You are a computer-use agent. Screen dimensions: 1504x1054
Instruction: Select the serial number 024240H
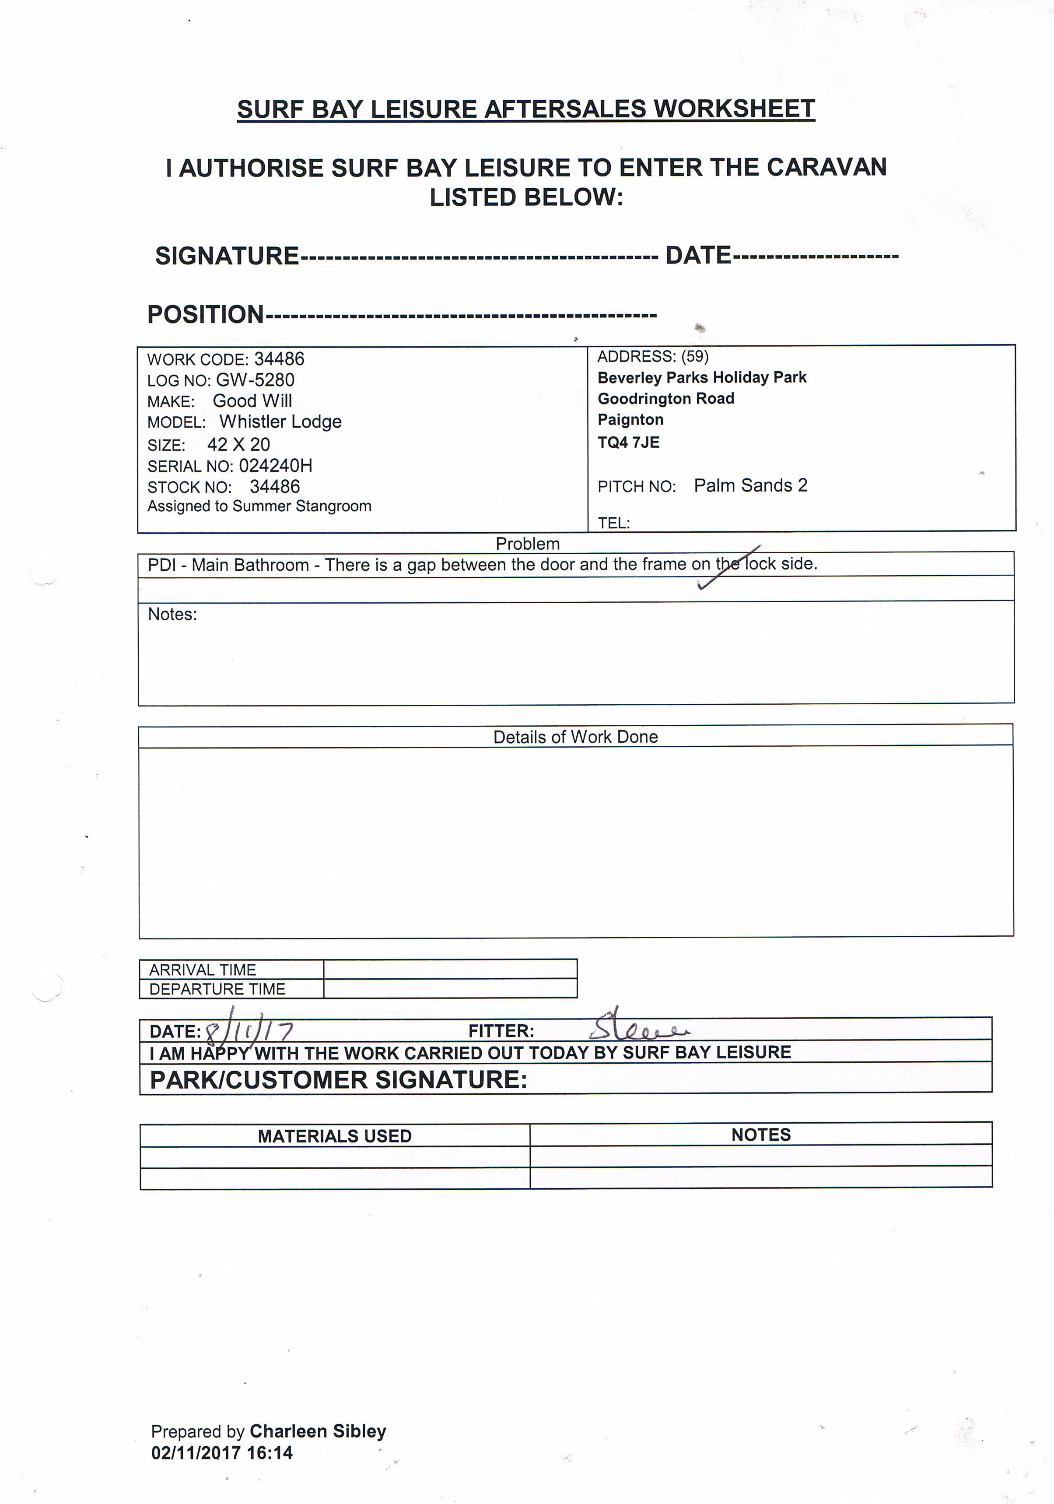[x=276, y=466]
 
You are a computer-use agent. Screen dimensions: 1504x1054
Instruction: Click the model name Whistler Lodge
[x=280, y=422]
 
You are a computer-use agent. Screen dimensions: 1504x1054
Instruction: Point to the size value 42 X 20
[x=238, y=444]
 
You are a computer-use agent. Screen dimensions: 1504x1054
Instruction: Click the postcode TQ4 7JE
[x=628, y=442]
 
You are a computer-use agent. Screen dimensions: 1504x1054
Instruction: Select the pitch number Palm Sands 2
[x=750, y=485]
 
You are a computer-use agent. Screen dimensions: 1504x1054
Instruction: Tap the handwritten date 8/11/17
[x=249, y=1032]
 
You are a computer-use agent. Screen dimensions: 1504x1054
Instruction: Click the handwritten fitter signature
[x=638, y=1029]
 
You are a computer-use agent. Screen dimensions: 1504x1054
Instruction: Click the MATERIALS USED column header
[x=335, y=1136]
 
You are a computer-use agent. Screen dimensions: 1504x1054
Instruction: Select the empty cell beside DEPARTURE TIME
[x=450, y=988]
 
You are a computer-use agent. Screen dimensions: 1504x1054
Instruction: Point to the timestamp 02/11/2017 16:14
[x=222, y=1453]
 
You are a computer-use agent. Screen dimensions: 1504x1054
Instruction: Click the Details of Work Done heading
[x=575, y=737]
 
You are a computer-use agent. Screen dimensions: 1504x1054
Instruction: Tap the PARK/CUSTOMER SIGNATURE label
[x=339, y=1079]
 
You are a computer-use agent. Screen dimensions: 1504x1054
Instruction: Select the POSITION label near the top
[x=205, y=314]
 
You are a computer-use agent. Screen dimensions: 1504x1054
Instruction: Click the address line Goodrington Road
[x=666, y=398]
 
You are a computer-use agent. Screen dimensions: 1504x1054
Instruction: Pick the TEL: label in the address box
[x=613, y=523]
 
